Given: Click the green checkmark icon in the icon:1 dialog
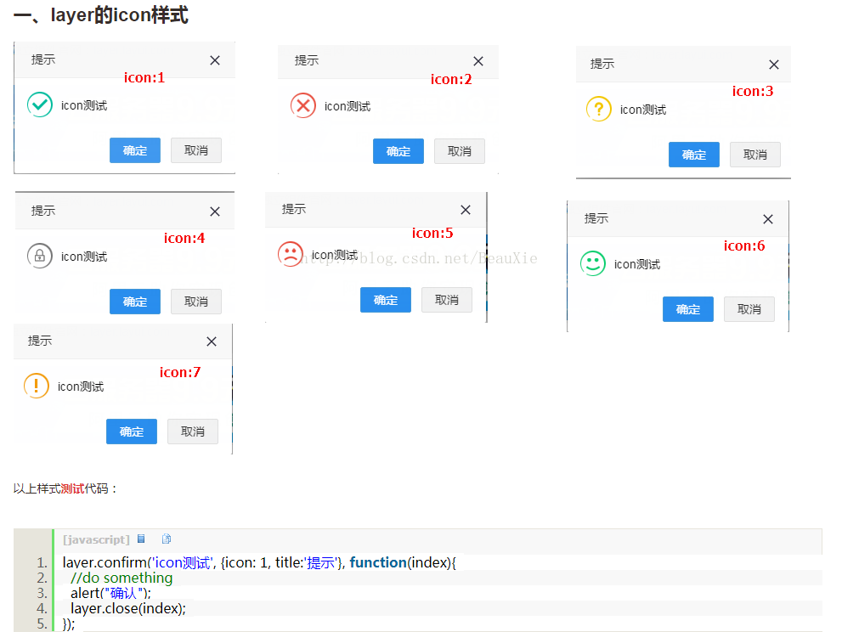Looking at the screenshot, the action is coord(40,104).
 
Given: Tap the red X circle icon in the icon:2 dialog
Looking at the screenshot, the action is coord(302,105).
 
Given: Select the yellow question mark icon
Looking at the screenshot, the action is coord(599,109).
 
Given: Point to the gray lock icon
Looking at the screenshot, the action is coord(40,257).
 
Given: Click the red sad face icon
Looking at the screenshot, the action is coord(291,254).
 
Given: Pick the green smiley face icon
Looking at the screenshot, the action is coord(593,263).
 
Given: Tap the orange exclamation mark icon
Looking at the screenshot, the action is coord(37,386).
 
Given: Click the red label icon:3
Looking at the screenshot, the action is coord(752,91).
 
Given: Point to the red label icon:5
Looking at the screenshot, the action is coord(432,233).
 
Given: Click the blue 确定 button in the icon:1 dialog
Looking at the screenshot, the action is coord(135,150).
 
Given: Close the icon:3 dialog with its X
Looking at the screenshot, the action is coord(774,65).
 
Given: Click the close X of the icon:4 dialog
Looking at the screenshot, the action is coord(215,212).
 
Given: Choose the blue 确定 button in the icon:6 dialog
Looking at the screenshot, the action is coord(688,309).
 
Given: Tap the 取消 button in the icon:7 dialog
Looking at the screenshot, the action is coord(193,432).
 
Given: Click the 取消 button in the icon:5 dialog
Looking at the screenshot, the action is coord(447,300).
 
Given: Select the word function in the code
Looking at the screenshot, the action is coord(378,562).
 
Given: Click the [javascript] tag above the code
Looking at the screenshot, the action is coord(96,539).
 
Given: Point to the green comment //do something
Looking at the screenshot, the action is coord(121,578).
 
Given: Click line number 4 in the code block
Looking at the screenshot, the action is coord(42,608).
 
